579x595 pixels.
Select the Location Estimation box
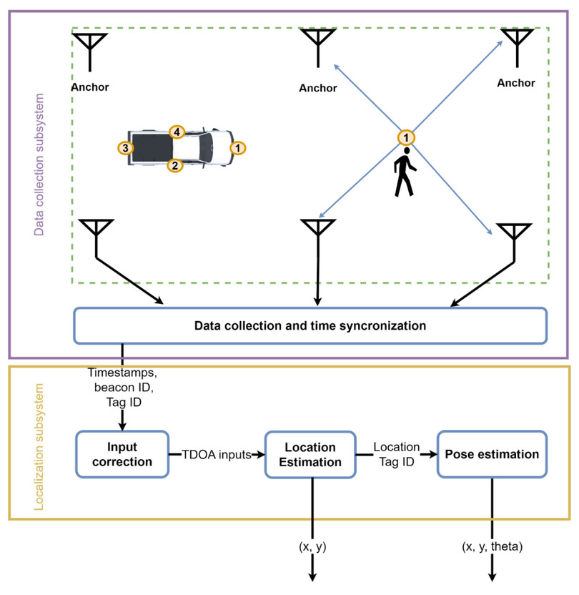coord(310,455)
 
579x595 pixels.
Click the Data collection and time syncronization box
coord(310,325)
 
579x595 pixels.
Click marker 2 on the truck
coord(174,165)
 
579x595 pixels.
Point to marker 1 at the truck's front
coord(238,148)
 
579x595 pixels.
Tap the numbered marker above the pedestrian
coord(406,137)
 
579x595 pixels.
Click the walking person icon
coord(405,172)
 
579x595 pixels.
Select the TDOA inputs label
coord(216,454)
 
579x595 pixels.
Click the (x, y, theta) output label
coord(492,548)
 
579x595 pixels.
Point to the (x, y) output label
coord(312,548)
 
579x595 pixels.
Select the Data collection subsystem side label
coord(39,164)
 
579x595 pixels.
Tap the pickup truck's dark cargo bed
coord(152,148)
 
